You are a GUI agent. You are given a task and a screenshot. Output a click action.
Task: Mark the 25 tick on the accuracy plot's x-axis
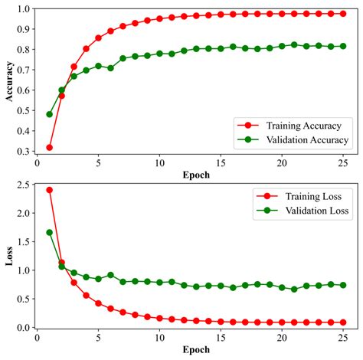click(344, 163)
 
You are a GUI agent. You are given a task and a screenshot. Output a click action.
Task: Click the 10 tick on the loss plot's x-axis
click(160, 339)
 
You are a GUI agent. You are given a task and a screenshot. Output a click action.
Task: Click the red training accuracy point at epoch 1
click(50, 147)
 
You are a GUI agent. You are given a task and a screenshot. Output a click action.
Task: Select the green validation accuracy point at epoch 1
click(50, 114)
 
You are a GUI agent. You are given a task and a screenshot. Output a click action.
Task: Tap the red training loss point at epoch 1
click(50, 190)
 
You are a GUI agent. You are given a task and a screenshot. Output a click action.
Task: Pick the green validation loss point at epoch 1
click(50, 232)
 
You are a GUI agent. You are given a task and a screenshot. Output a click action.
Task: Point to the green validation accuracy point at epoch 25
click(344, 46)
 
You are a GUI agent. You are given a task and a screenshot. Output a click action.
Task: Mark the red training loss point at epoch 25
click(344, 322)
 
